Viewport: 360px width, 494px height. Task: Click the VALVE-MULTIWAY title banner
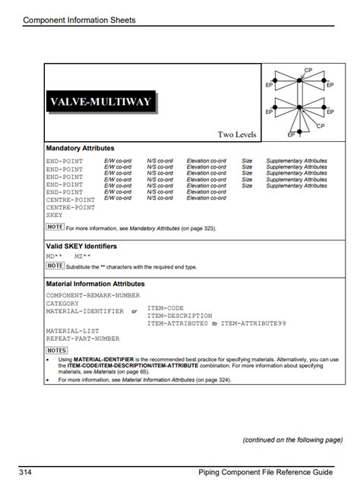coord(100,102)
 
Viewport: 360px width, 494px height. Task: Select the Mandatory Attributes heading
coord(81,148)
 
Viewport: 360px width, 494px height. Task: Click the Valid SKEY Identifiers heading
coord(82,247)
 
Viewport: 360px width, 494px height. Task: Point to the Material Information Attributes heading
coord(96,284)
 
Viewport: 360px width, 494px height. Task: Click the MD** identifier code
coord(55,256)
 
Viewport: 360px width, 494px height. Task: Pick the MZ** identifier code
coord(81,256)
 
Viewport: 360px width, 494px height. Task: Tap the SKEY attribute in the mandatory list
coord(55,215)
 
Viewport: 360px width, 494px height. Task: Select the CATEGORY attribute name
coord(62,303)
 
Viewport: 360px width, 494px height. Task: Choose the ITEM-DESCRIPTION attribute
coord(180,316)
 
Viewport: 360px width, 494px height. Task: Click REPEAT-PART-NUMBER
coord(83,338)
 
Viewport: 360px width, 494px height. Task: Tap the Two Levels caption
coord(237,135)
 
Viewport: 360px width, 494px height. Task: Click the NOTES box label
coord(57,351)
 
